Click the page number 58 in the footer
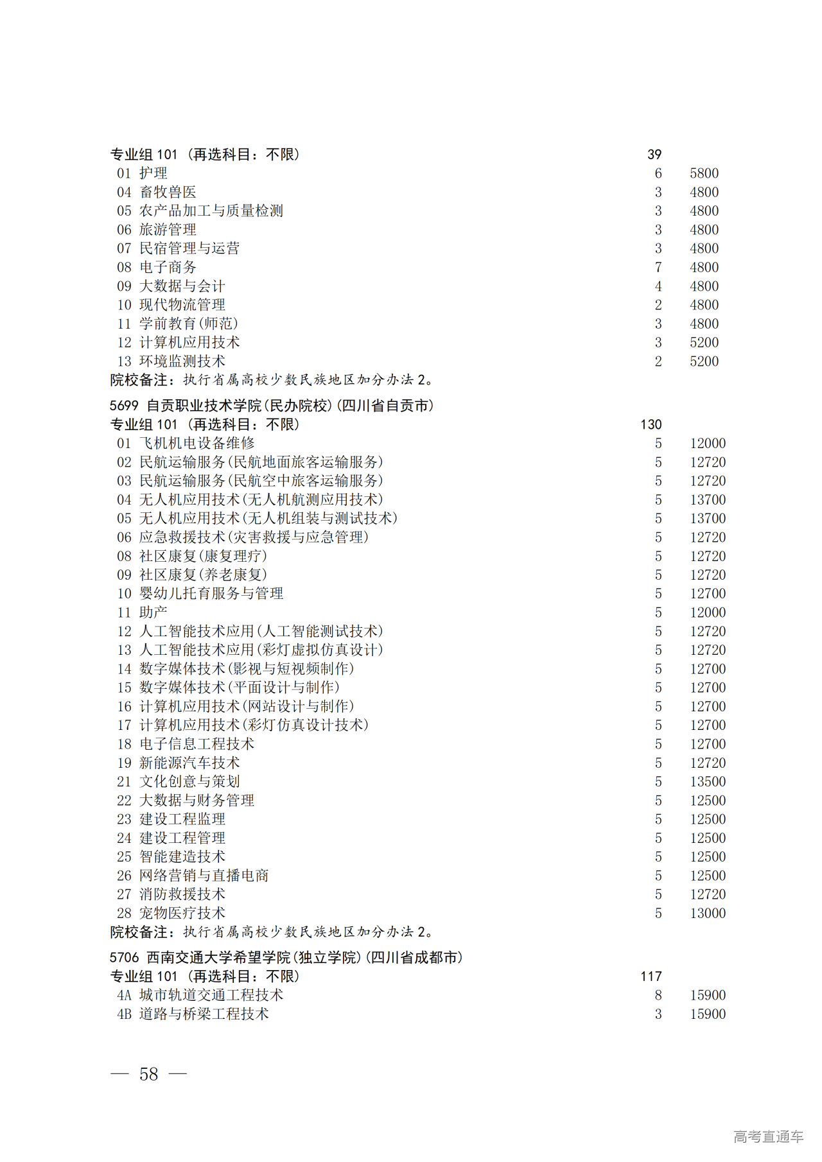(x=148, y=1074)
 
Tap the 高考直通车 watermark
(x=768, y=1136)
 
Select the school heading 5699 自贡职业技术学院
(x=272, y=406)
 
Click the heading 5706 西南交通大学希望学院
(x=286, y=957)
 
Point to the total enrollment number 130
(x=651, y=424)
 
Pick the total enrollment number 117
(x=651, y=976)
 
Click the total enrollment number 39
(x=654, y=155)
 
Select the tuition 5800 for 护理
(x=704, y=173)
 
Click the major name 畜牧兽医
(x=168, y=192)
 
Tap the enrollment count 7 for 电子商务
(x=658, y=267)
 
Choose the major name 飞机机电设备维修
(x=197, y=443)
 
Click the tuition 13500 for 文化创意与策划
(x=708, y=781)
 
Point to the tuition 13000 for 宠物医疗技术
(x=708, y=913)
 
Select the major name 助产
(x=153, y=612)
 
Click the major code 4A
(x=124, y=995)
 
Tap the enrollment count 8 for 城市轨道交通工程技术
(x=658, y=995)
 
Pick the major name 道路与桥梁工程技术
(x=204, y=1014)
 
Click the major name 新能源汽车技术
(x=189, y=763)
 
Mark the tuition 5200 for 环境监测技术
(x=704, y=361)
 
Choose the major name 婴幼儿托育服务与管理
(x=211, y=594)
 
